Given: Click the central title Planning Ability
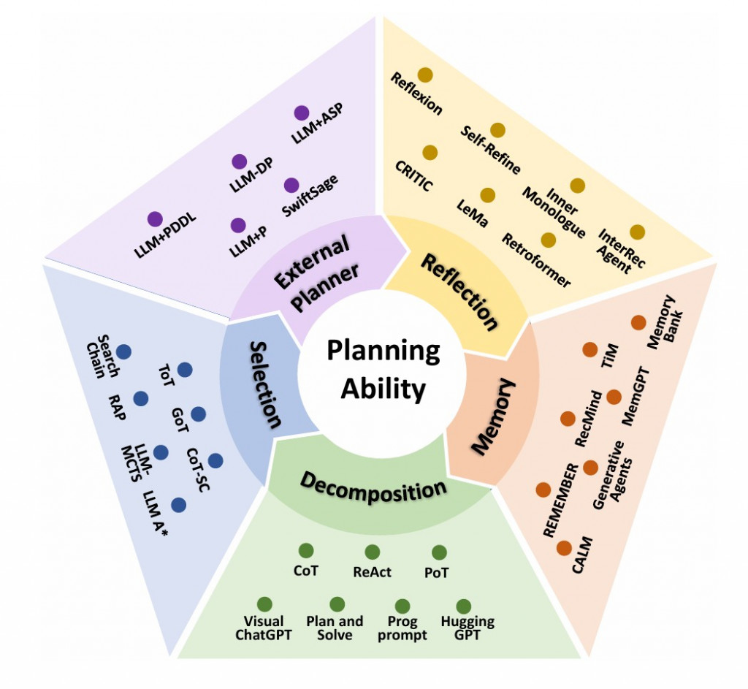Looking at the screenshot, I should pyautogui.click(x=382, y=370).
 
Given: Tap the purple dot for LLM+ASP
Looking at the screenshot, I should pyautogui.click(x=301, y=113).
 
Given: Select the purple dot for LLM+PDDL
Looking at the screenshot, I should pyautogui.click(x=154, y=219).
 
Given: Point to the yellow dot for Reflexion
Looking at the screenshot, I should pyautogui.click(x=425, y=75).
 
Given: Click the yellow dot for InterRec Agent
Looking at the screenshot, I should pyautogui.click(x=637, y=232).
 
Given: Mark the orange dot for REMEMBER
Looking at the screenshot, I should pyautogui.click(x=543, y=490).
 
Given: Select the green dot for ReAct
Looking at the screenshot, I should pyautogui.click(x=372, y=552).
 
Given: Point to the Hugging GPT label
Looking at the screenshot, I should pyautogui.click(x=467, y=628).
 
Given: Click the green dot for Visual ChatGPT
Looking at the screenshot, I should pyautogui.click(x=264, y=604).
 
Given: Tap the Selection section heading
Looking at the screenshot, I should pyautogui.click(x=265, y=384).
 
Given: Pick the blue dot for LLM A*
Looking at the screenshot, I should pyautogui.click(x=178, y=505).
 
